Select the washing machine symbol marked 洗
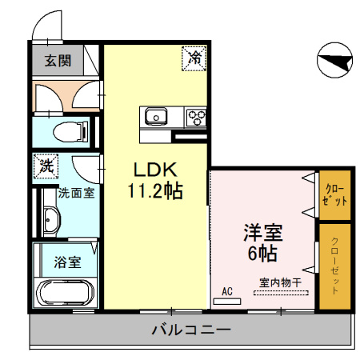click(46, 167)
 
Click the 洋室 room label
click(263, 234)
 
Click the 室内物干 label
click(279, 282)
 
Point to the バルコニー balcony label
click(191, 329)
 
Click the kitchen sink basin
click(154, 116)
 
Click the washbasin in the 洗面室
click(52, 218)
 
